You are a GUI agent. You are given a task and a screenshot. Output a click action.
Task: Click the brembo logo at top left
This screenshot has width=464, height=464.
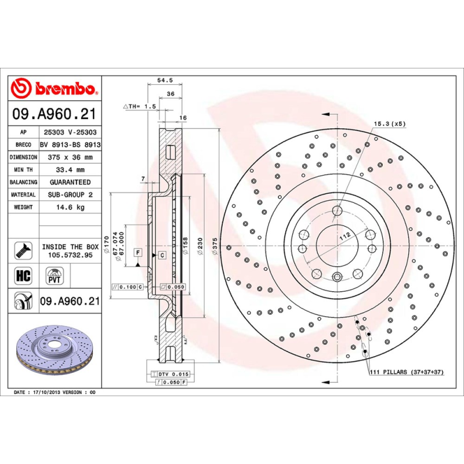[56, 88]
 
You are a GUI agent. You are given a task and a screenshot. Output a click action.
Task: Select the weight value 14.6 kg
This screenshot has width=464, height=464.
[70, 207]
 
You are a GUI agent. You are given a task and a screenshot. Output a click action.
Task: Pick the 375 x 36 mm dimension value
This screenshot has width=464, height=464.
[70, 157]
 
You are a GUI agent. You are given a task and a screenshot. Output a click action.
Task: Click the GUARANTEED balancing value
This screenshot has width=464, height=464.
[70, 182]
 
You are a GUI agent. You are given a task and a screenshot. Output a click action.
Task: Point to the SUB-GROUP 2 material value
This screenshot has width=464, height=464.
[70, 195]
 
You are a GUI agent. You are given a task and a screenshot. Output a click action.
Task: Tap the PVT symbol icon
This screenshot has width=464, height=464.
[53, 274]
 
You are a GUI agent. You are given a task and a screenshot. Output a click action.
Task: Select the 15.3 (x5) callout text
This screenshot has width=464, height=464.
[390, 124]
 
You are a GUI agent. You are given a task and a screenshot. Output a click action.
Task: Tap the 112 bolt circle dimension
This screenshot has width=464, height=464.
[345, 235]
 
